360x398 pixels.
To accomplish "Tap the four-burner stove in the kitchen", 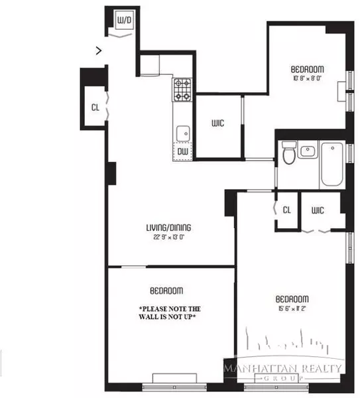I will point(182,90).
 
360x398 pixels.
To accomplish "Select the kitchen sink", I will point(182,132).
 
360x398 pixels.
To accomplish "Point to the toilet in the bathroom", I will point(288,155).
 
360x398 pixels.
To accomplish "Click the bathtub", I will point(331,164).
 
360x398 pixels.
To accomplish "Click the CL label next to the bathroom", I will point(286,210).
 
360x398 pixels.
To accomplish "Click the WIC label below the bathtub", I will point(317,210).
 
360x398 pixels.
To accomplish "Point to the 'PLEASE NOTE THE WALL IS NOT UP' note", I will point(170,314).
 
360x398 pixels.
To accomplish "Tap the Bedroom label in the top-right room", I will point(307,70).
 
